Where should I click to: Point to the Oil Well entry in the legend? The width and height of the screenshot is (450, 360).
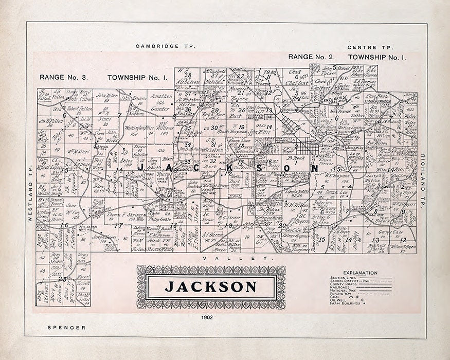coord(340,300)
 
